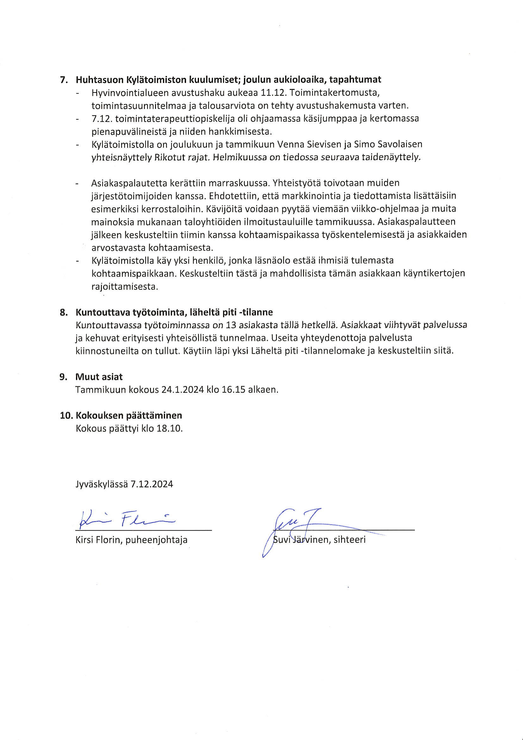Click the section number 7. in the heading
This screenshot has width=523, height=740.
point(64,79)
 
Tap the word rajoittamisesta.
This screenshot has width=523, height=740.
point(124,287)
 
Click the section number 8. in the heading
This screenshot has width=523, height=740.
point(64,312)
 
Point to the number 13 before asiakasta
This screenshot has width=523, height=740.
point(231,325)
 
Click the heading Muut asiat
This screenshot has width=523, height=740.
point(99,377)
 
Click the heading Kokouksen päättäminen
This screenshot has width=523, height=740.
point(128,416)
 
